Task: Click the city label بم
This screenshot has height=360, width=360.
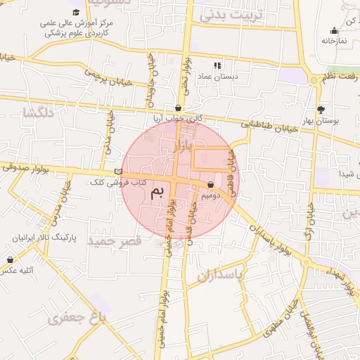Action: coord(161,191)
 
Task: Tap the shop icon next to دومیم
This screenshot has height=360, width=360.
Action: coord(211,185)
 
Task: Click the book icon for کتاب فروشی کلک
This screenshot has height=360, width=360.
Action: coord(118,171)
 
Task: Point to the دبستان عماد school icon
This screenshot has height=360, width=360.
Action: coord(217,65)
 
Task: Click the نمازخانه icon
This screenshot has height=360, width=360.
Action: coord(334,30)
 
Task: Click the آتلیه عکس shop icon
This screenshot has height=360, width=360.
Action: coord(11,260)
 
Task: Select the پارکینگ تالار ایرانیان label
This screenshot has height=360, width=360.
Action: coord(44,233)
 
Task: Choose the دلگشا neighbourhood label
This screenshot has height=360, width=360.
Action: coord(38,112)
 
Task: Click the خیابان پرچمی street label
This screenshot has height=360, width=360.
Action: coord(109,76)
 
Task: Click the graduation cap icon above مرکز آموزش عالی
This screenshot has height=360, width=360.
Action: coord(76,13)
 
